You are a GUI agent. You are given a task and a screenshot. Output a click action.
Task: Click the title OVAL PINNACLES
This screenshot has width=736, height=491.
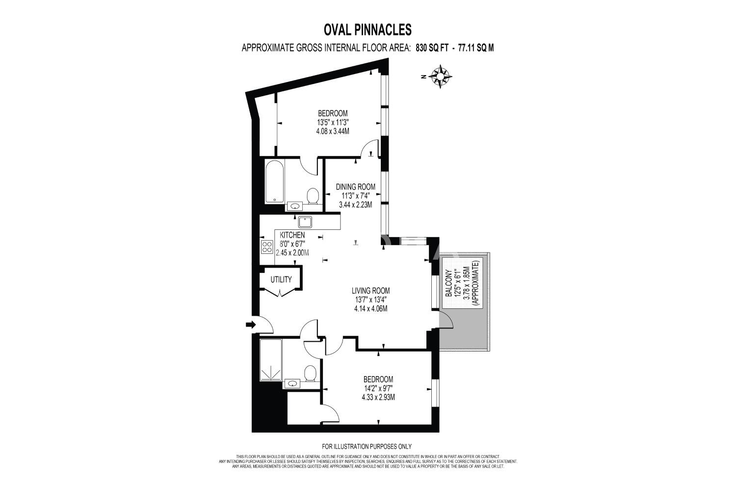point(368,29)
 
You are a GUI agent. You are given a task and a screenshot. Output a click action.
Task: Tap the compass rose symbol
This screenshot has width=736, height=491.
point(440,77)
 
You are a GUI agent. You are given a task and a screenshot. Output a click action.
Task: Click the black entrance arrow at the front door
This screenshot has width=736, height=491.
point(251,325)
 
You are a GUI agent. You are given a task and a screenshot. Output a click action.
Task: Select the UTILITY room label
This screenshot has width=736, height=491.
point(281,279)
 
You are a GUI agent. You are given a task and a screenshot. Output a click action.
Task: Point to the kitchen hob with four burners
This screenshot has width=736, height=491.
point(267,247)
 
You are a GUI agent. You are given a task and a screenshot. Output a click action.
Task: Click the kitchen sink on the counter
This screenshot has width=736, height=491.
point(305,222)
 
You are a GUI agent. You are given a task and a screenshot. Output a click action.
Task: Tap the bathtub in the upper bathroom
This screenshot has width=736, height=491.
point(274,182)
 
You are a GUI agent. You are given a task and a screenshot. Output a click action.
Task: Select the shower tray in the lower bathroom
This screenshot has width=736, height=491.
point(271,360)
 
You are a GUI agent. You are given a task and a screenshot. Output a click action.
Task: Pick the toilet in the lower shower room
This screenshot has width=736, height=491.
point(310,374)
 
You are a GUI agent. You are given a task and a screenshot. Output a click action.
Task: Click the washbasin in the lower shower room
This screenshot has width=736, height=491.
point(292,383)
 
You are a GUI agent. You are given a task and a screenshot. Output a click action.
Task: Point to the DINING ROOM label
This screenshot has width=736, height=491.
point(356,187)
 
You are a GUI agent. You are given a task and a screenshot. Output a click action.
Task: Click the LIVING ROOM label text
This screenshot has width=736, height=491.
point(370,291)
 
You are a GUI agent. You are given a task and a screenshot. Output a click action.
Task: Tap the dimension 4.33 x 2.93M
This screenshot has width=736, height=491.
point(378,397)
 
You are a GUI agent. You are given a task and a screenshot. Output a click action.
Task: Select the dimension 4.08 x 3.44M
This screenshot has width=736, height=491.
point(333,131)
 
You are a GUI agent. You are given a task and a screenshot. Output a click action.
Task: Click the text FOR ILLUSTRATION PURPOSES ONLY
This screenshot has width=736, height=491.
point(367,446)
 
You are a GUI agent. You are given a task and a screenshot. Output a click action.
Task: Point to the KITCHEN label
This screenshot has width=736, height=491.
point(292,235)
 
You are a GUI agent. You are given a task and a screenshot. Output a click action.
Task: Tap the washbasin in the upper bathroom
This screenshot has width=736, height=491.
point(295,206)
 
